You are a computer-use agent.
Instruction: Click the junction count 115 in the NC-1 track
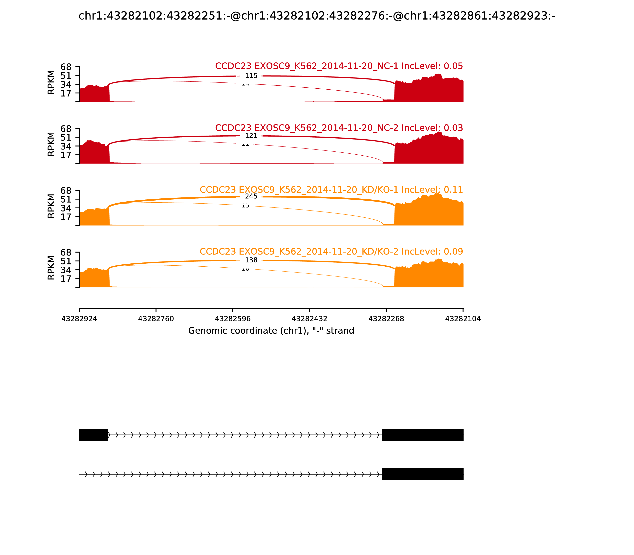(251, 76)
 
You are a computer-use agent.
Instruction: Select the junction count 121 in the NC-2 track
(251, 136)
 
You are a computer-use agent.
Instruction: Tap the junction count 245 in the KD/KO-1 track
(251, 196)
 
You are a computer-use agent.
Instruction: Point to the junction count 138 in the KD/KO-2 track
(251, 260)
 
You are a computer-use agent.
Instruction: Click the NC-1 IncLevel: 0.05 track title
(339, 66)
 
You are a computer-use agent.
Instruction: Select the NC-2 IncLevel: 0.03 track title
(339, 128)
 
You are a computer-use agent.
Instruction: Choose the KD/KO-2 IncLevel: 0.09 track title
(331, 252)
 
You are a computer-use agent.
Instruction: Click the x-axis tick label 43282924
(79, 319)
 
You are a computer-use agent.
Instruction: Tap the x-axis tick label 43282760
(156, 319)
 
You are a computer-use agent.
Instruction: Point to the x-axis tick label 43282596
(233, 319)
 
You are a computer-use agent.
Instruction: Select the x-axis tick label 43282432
(309, 319)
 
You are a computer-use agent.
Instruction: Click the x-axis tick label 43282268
(386, 319)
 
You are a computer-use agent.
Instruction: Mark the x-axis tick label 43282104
(463, 319)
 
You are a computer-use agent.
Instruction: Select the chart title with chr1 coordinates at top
(317, 16)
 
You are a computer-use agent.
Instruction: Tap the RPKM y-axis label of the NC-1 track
(51, 82)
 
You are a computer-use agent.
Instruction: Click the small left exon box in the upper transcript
(94, 435)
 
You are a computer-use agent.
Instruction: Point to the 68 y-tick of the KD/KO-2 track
(66, 252)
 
